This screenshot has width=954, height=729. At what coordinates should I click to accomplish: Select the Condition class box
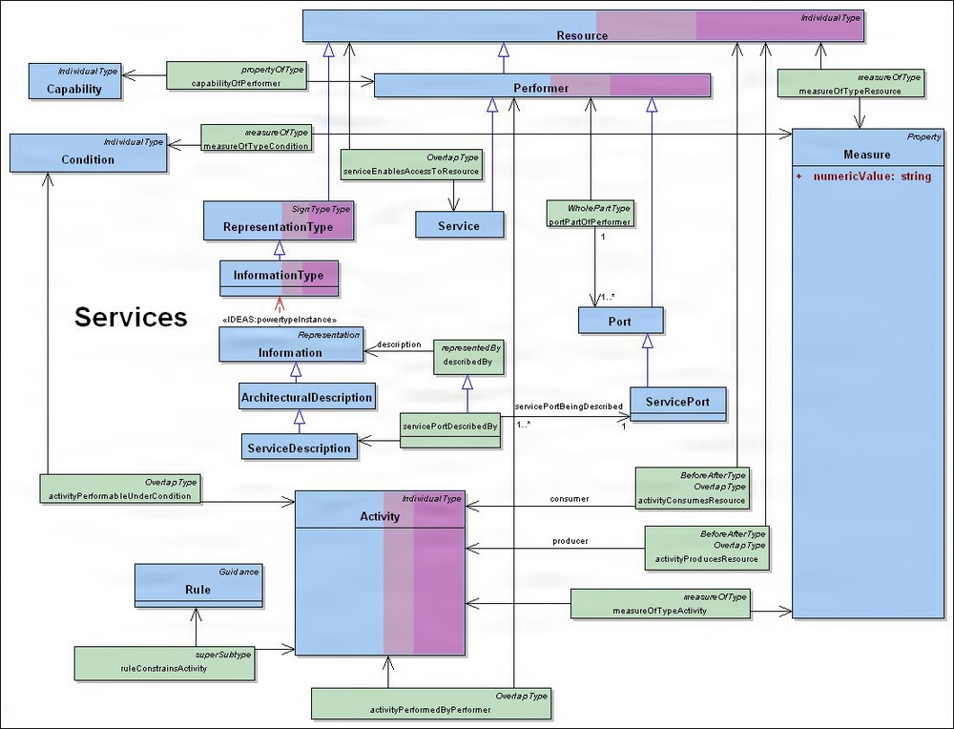coord(87,154)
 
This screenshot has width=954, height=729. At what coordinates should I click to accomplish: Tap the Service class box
coord(460,224)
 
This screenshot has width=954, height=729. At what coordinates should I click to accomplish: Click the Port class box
coord(620,320)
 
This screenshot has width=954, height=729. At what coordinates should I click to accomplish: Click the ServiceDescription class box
coord(298,447)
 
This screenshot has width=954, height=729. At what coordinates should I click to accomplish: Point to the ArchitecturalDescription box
coord(305,397)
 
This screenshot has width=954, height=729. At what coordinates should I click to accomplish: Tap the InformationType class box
coord(279,276)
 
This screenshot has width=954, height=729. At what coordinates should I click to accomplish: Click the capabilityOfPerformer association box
coord(236,77)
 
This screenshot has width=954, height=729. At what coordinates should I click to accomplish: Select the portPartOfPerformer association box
coord(589,215)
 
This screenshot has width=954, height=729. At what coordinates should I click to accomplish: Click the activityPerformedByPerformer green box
coord(431,704)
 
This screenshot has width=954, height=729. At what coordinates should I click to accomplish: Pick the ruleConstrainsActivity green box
coord(165,662)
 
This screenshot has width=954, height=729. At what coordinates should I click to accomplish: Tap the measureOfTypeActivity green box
coord(660,604)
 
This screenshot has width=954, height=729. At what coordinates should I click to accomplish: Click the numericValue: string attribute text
coord(864,177)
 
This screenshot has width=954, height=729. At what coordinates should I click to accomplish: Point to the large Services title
coord(131,318)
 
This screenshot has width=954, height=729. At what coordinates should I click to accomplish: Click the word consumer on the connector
coord(570,498)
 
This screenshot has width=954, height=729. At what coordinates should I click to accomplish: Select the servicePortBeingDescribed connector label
coord(568,406)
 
